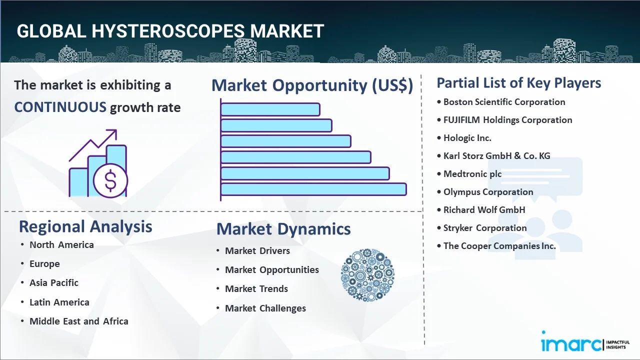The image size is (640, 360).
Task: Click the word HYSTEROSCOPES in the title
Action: point(168,31)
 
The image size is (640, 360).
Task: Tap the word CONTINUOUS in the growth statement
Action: point(60,107)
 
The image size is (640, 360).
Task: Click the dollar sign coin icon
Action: point(110,180)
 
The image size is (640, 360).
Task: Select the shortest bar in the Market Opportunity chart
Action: point(270,109)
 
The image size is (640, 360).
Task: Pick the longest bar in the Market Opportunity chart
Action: point(313,189)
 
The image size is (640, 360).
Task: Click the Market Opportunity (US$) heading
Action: point(312,85)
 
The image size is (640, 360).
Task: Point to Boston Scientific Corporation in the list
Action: point(504,102)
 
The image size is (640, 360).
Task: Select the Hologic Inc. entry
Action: point(467,138)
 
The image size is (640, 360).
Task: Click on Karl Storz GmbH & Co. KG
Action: point(496,156)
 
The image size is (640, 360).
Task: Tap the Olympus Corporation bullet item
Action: point(488,192)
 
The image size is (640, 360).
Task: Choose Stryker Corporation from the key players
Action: point(485,228)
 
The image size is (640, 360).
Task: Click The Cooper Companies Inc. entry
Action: point(499,246)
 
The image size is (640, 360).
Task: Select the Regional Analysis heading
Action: point(85,227)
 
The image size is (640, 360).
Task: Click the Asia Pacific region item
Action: point(54,283)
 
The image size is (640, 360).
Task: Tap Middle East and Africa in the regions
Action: point(79,321)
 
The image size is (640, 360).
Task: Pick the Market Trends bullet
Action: point(256,289)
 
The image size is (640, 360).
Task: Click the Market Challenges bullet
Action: point(265,308)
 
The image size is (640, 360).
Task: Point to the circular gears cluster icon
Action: point(367,275)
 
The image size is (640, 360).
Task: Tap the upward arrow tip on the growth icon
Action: point(116,130)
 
